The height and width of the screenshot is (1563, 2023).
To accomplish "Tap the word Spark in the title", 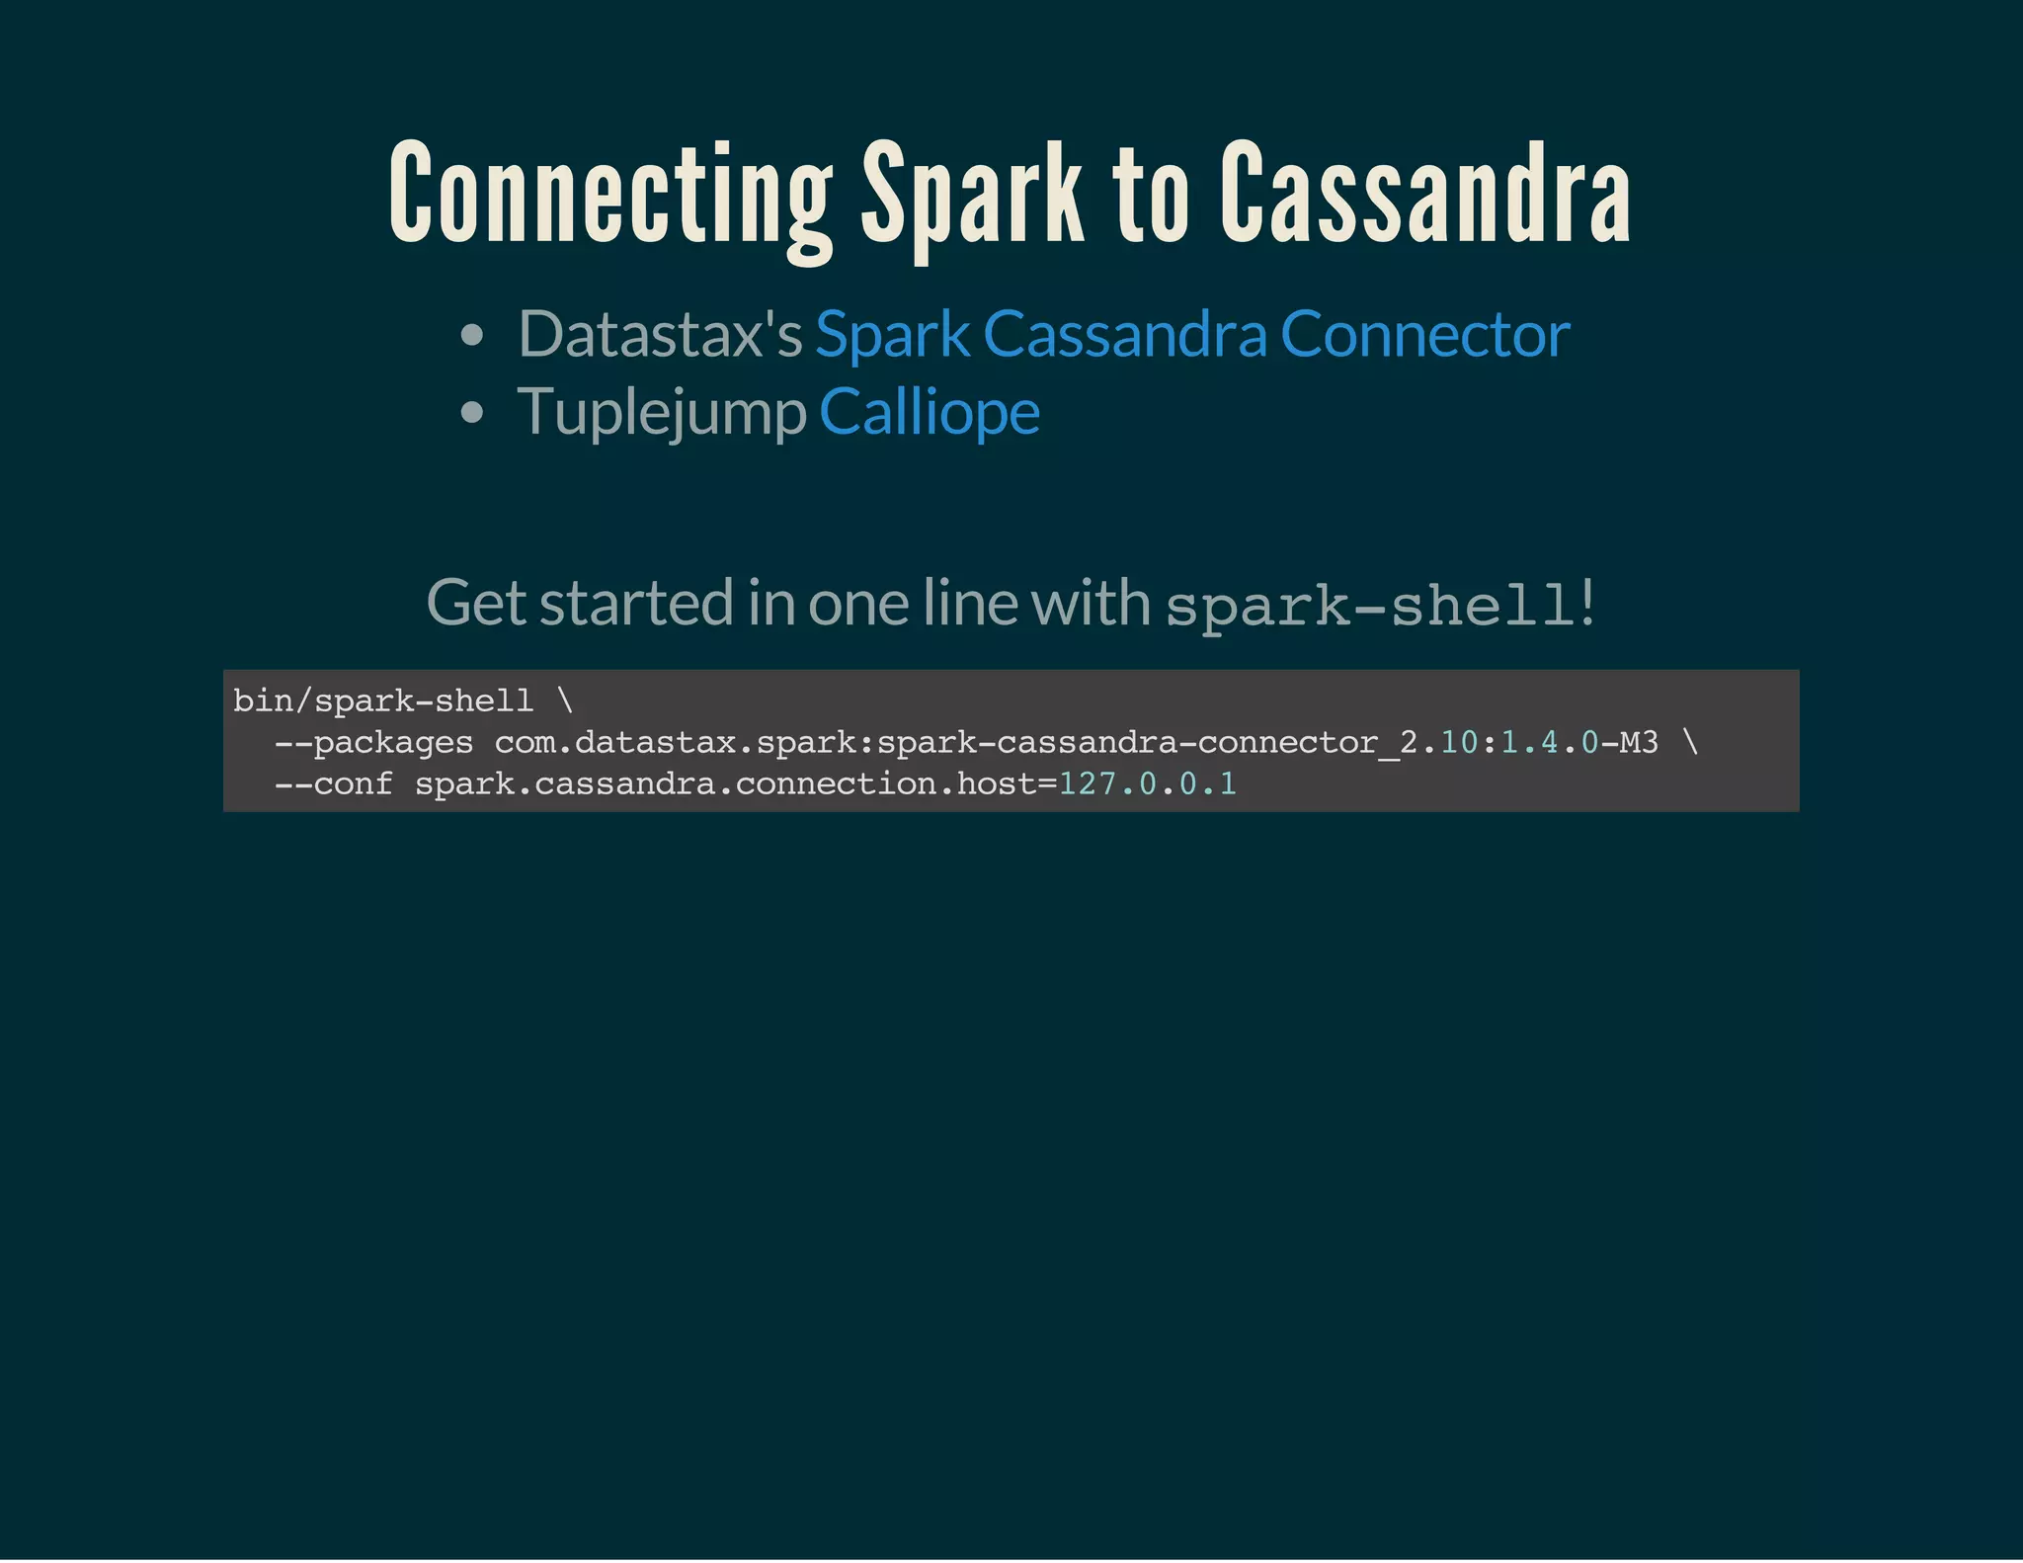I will click(x=972, y=194).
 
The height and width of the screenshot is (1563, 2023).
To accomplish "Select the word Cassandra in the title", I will click(x=1424, y=194).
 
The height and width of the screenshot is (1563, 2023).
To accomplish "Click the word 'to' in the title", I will click(x=1151, y=194).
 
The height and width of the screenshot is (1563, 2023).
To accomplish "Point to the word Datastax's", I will click(x=660, y=334).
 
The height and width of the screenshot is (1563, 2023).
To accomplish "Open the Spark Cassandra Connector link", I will click(x=1192, y=334).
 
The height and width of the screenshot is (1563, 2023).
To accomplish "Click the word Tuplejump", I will click(x=662, y=411).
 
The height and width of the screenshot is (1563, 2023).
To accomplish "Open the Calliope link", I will click(x=929, y=411).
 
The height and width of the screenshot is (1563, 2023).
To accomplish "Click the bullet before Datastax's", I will click(x=472, y=336).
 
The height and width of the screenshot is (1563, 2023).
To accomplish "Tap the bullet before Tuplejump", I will click(x=472, y=412).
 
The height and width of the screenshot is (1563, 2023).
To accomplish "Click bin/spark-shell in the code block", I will click(x=383, y=701).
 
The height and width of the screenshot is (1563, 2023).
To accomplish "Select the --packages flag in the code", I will click(x=373, y=743).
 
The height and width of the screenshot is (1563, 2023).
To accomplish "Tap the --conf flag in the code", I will click(x=333, y=784).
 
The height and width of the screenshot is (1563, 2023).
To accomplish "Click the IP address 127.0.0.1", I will click(x=1147, y=784).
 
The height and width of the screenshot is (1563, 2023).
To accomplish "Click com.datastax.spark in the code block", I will click(x=624, y=743).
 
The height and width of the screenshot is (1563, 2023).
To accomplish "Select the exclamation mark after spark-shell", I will click(x=1587, y=603).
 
